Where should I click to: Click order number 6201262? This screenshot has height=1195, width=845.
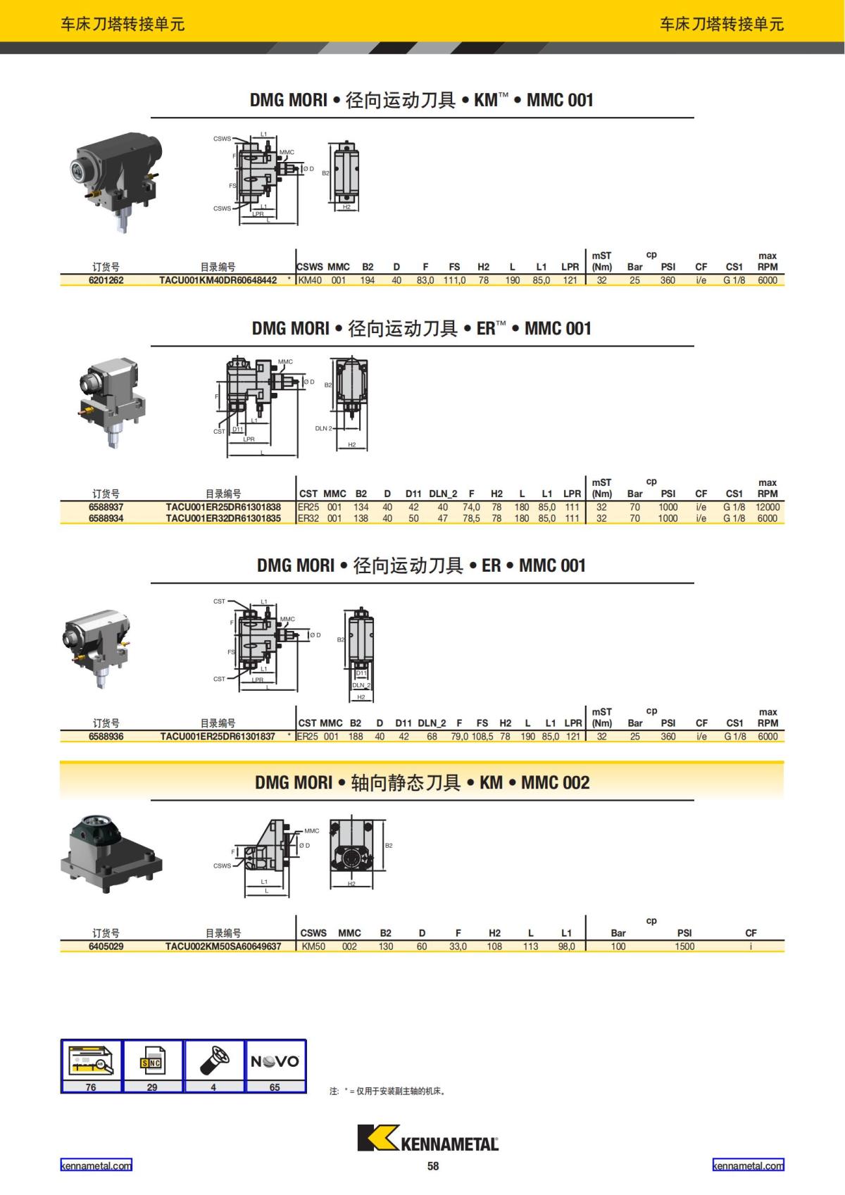pos(106,280)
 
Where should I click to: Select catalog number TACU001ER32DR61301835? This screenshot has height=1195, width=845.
pos(223,518)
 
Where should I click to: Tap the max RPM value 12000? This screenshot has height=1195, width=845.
pos(767,507)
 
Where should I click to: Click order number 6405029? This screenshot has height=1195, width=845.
pos(106,946)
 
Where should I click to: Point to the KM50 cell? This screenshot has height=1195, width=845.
pos(313,946)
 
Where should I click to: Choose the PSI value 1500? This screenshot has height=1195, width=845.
pos(684,946)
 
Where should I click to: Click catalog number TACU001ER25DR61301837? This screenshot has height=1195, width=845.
pos(218,737)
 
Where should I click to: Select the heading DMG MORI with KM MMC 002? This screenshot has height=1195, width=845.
pos(422,782)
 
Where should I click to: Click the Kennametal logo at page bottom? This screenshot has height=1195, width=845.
pos(427,1139)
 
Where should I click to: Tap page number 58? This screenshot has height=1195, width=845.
pos(432,1166)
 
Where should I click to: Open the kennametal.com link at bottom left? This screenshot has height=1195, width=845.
pos(96,1165)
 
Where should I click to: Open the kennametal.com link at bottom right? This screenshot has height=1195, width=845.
pos(748,1165)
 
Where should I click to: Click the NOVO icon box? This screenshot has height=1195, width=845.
pos(275,1061)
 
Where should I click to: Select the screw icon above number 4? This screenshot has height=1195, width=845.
pos(214,1061)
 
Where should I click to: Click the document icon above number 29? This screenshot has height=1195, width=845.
pos(152,1061)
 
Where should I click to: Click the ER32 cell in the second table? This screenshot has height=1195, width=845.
pos(308,518)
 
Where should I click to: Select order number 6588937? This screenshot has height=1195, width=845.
pos(106,507)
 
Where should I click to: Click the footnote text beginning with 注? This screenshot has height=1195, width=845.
pos(387,1091)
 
